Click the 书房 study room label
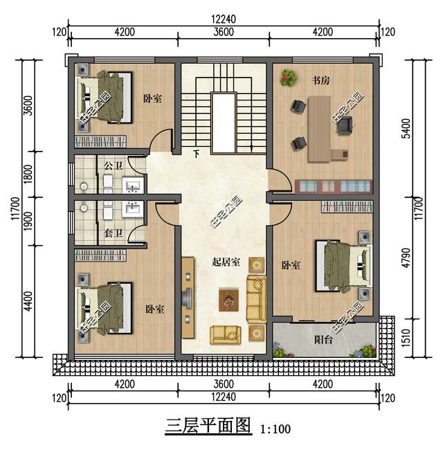(320, 81)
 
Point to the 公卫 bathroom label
(113, 166)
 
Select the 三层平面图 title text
(207, 425)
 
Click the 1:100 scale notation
(275, 429)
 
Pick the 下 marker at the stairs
(196, 153)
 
